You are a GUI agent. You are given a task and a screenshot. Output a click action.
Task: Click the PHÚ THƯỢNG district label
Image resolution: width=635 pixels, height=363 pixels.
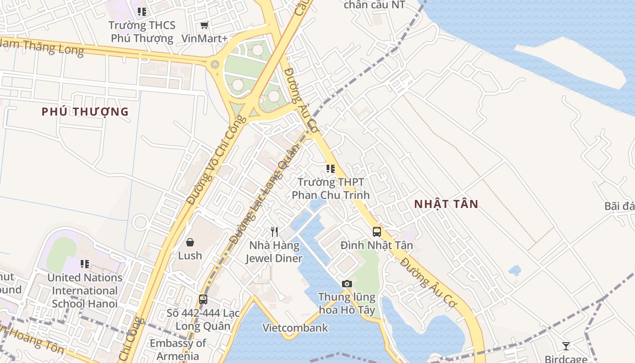(x=85, y=112)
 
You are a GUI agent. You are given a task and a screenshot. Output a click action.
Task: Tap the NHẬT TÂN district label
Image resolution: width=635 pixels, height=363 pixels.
(x=446, y=204)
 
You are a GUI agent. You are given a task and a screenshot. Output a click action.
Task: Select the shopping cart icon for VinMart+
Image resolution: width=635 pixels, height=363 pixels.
(x=205, y=25)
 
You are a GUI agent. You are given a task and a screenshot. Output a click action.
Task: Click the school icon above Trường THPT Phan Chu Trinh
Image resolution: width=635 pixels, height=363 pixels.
(x=331, y=169)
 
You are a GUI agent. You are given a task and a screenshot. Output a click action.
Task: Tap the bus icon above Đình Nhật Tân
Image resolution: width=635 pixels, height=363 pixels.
(x=377, y=232)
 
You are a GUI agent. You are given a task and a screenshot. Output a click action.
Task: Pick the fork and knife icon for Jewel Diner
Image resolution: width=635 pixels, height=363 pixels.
(x=274, y=232)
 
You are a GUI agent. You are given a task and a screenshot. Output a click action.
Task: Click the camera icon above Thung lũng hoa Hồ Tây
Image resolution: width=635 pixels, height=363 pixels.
(x=347, y=284)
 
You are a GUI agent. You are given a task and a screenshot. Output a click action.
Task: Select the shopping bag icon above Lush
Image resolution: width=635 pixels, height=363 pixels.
(x=190, y=242)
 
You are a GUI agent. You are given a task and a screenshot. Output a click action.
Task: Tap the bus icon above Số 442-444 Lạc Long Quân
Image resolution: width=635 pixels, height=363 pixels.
(x=203, y=299)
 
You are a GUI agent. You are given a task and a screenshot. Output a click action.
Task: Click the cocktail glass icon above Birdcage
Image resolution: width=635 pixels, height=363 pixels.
(x=566, y=346)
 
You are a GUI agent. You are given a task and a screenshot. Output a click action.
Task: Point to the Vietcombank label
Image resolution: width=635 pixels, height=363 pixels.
(x=295, y=328)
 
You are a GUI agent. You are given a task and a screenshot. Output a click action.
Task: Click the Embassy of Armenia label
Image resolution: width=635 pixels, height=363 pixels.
(x=178, y=349)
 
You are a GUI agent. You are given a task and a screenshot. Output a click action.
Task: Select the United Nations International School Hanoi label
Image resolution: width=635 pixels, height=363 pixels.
(x=85, y=290)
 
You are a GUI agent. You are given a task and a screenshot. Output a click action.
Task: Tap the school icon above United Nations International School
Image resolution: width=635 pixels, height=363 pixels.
(x=85, y=264)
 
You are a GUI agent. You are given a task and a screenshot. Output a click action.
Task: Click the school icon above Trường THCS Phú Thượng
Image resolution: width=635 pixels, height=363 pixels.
(x=142, y=12)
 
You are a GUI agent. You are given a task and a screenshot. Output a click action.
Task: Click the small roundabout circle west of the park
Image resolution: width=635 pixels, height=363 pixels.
(x=215, y=64)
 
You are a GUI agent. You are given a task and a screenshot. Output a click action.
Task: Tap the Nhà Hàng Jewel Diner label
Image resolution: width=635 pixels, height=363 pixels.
(x=274, y=252)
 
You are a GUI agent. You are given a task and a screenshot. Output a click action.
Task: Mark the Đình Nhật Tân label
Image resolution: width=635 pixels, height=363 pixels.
(x=377, y=245)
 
